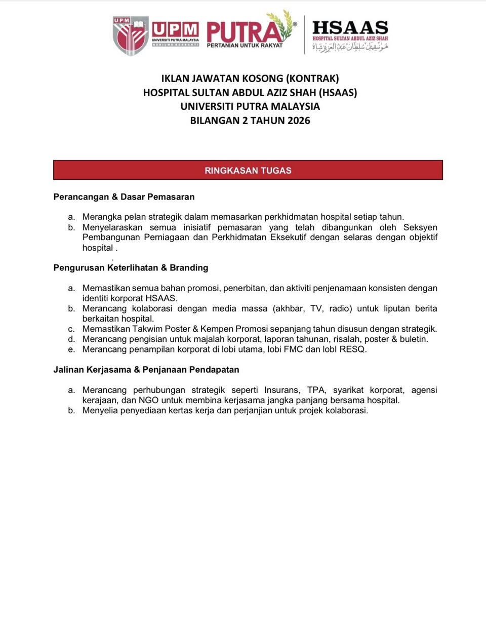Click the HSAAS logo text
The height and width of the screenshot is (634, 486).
(x=350, y=28)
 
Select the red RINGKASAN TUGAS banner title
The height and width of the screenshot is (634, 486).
(x=248, y=171)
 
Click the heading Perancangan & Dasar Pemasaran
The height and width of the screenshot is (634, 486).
(x=124, y=197)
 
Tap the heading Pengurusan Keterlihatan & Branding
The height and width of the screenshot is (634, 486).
(x=131, y=268)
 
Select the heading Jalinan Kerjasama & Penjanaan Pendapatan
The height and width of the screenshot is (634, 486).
(x=146, y=370)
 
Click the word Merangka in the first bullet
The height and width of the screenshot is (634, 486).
(x=102, y=217)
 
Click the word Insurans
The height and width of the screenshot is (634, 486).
(x=281, y=390)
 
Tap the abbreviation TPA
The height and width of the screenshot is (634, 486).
(x=316, y=390)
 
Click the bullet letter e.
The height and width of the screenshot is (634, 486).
(x=71, y=349)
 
